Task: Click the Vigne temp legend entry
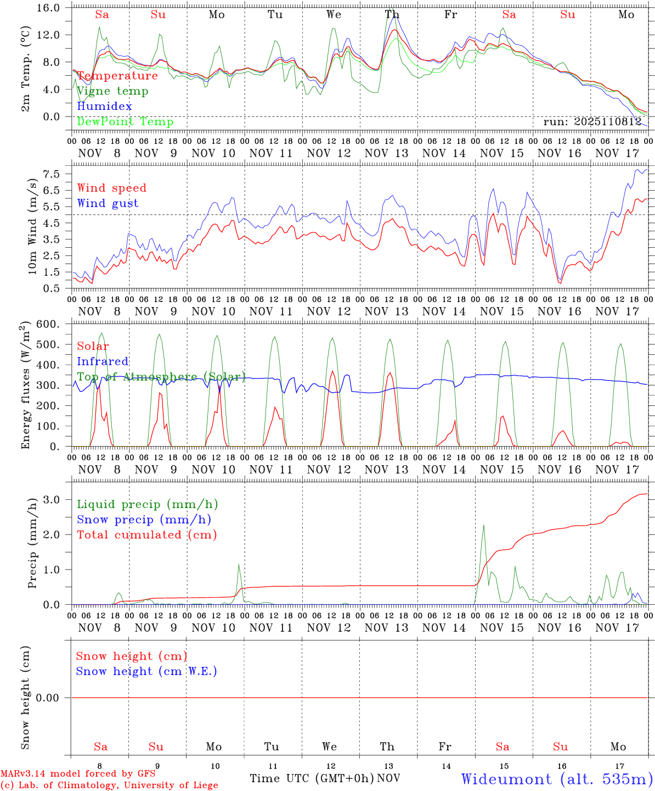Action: pyautogui.click(x=112, y=91)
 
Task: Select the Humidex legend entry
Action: pyautogui.click(x=104, y=107)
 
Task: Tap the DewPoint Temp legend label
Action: pyautogui.click(x=125, y=122)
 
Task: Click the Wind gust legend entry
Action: pyautogui.click(x=108, y=203)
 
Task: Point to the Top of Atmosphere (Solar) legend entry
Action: pyautogui.click(x=161, y=377)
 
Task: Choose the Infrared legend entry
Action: pyautogui.click(x=103, y=361)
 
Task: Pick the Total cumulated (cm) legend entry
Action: pyautogui.click(x=146, y=535)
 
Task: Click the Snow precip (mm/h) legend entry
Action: pyautogui.click(x=144, y=520)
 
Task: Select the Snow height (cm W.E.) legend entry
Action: pyautogui.click(x=146, y=671)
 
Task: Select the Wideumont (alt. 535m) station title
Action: pyautogui.click(x=557, y=779)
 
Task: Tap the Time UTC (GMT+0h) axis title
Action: pyautogui.click(x=312, y=778)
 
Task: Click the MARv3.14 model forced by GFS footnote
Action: pyautogui.click(x=77, y=774)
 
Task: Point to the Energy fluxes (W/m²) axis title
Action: pyautogui.click(x=25, y=386)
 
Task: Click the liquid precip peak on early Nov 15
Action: pyautogui.click(x=483, y=525)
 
